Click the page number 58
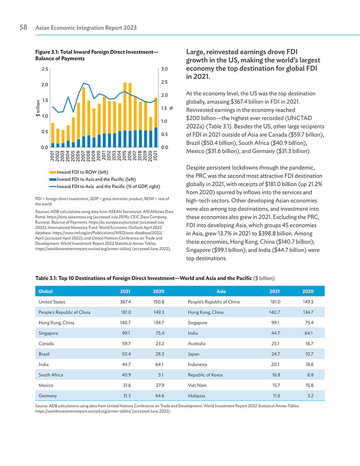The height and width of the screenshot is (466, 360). click(23, 27)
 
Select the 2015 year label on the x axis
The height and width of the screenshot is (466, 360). click(125, 155)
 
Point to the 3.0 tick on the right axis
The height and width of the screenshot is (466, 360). click(164, 69)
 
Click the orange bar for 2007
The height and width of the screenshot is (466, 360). click(84, 112)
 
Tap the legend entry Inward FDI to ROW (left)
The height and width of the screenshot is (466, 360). click(79, 172)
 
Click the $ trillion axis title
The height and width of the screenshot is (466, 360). click(38, 108)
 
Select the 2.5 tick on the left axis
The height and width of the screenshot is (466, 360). click(45, 69)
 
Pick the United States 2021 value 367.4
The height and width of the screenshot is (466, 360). click(125, 302)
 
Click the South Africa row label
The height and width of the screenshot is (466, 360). click(51, 375)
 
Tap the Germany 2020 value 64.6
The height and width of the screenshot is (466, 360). click(160, 395)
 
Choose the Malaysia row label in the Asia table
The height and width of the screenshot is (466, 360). click(196, 395)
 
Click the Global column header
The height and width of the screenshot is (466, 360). click(46, 291)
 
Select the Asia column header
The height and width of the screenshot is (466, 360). click(221, 291)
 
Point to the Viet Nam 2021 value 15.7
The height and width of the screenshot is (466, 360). click(276, 385)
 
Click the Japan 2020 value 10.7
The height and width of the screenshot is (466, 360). click(309, 354)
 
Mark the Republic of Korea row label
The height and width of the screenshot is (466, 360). click(205, 375)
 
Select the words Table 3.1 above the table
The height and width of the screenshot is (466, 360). click(46, 278)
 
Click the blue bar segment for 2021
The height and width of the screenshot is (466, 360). click(156, 137)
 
